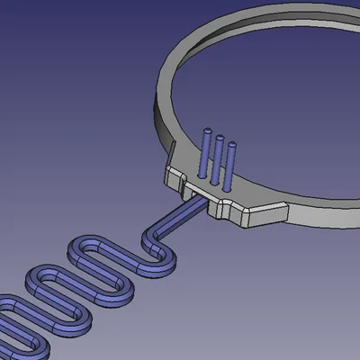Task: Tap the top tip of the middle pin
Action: [x=220, y=137]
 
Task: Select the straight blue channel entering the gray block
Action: [x=184, y=214]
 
